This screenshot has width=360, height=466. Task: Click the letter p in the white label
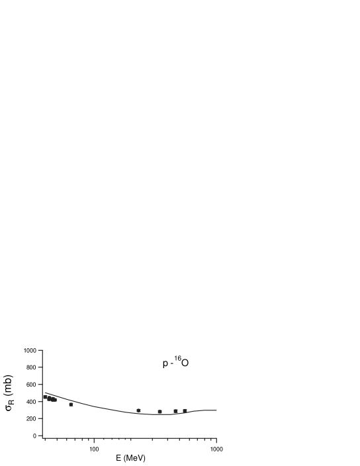point(165,363)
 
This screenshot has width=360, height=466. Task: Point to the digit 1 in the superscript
point(176,359)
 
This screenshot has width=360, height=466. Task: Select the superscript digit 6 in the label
point(179,359)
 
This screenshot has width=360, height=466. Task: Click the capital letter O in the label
point(185,363)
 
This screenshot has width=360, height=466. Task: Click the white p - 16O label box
point(177,367)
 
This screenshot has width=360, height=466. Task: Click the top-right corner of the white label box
point(191,355)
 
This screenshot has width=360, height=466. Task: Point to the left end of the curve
point(45,393)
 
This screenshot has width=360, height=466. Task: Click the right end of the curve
point(216,410)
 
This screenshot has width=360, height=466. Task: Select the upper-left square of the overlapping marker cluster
point(46,397)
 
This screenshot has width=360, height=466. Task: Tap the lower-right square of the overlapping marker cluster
point(53,400)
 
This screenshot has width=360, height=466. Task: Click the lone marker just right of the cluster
point(71,404)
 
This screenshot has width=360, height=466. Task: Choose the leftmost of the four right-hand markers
point(138,410)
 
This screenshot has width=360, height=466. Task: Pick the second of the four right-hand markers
point(159,412)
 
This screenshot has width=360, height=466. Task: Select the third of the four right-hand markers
point(175,411)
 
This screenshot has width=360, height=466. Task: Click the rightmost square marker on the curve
point(185,410)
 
